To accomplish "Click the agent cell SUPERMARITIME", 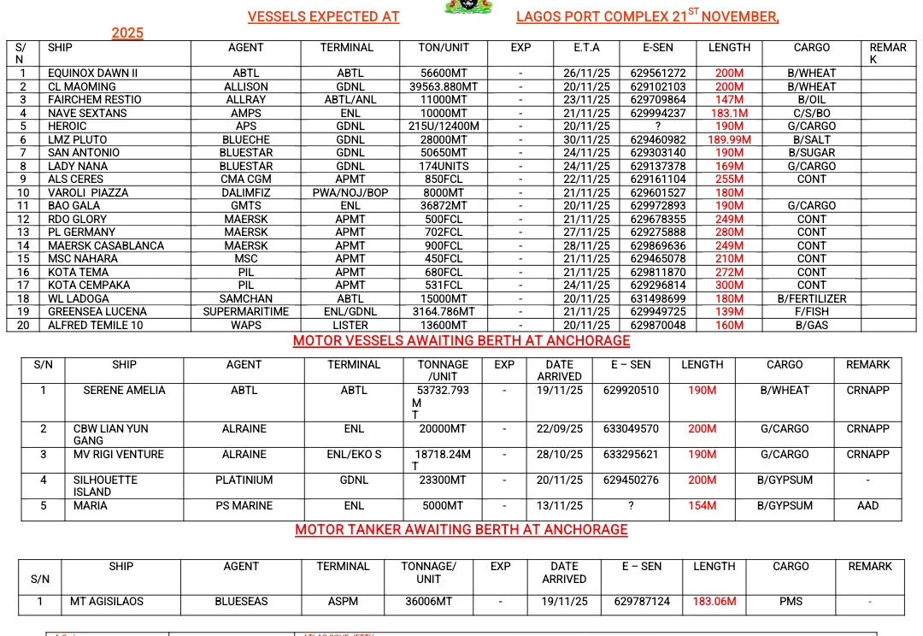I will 246,312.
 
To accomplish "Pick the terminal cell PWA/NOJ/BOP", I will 350,193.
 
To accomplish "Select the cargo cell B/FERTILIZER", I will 811,299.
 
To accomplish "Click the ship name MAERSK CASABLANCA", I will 106,246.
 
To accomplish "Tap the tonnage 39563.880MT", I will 444,87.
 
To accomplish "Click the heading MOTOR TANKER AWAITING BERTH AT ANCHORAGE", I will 461,530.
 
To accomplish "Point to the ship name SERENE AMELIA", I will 124,391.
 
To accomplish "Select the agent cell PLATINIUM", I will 244,480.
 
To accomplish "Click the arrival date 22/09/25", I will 560,429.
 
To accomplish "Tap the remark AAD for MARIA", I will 867,506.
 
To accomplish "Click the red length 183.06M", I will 714,602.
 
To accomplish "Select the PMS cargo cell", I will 791,602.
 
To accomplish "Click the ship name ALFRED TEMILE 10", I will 96,326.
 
